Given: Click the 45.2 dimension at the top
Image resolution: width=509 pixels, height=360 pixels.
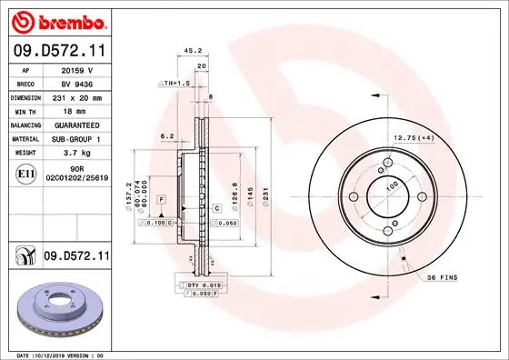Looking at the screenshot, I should point(193,52).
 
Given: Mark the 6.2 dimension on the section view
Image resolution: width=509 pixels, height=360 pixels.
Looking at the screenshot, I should point(166,136).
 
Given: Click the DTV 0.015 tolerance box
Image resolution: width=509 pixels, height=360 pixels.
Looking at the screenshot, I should point(205,285).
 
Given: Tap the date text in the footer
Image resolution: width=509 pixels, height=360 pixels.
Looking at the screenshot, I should point(62,355).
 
